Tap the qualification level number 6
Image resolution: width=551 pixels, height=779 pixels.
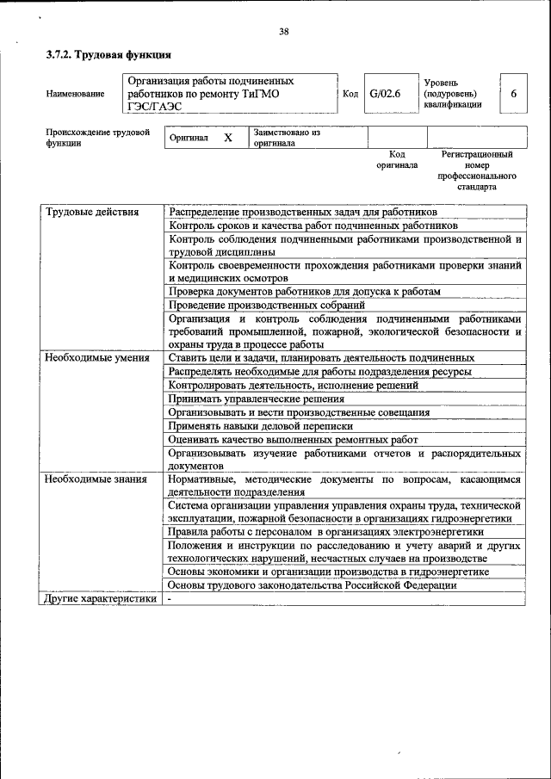pos(513,94)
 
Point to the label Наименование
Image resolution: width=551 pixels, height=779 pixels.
pos(76,94)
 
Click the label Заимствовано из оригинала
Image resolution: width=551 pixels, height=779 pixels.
pos(287,138)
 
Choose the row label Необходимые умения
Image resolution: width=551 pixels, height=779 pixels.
pos(96,357)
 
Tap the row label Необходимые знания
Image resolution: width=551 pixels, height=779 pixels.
pos(96,478)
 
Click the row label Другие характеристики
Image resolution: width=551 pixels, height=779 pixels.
pos(101,599)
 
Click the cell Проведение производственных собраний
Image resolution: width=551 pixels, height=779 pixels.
pos(267,305)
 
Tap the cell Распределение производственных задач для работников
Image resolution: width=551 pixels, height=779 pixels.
pos(302,212)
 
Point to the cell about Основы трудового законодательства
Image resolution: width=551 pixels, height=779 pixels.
pos(312,585)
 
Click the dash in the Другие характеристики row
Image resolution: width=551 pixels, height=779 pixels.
pos(170,599)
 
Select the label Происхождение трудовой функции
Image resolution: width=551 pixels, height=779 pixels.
pos(97,138)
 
